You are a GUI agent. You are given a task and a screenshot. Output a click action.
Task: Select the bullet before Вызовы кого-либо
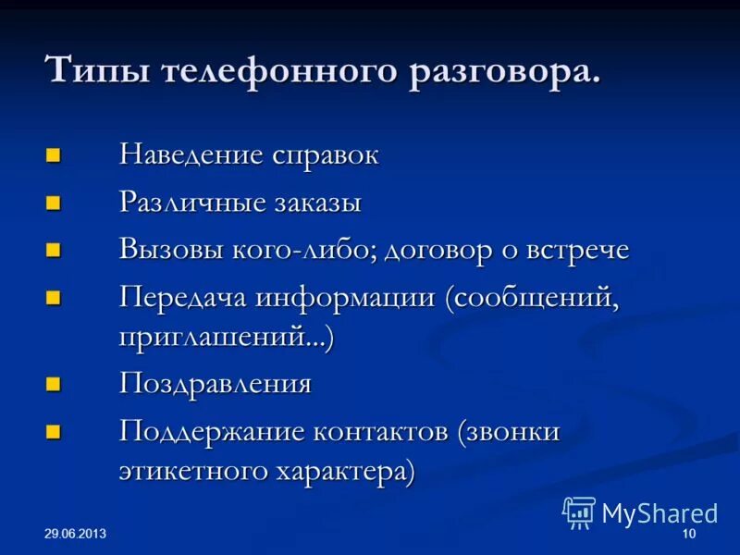tap(54, 249)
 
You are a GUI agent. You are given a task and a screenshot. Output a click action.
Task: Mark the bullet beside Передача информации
tap(54, 296)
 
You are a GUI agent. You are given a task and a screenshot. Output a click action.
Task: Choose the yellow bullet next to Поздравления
tap(54, 383)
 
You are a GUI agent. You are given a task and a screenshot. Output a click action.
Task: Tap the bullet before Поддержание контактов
tap(54, 430)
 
